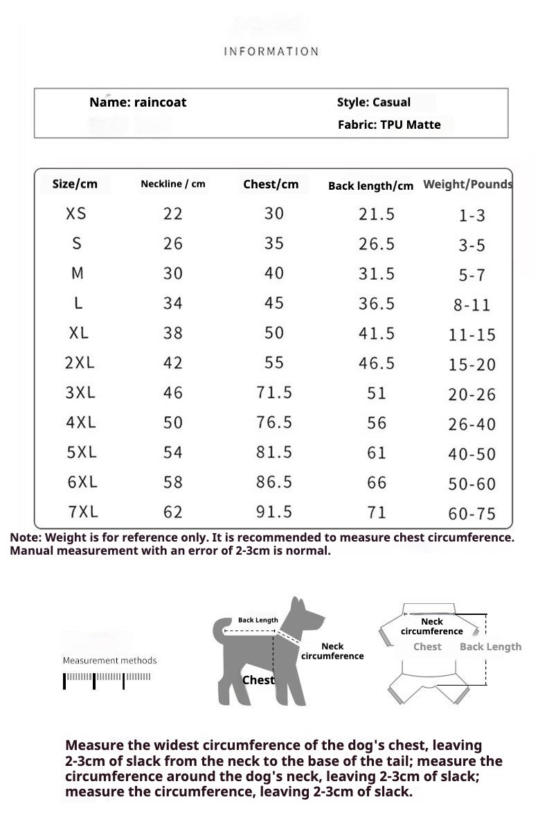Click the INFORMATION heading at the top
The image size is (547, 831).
click(271, 51)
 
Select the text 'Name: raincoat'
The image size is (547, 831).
click(138, 102)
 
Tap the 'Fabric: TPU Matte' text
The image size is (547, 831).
click(389, 125)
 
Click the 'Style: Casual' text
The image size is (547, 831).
click(373, 102)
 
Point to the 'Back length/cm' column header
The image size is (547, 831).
click(370, 186)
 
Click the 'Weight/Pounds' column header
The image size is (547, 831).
click(468, 184)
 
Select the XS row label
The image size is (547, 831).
click(76, 213)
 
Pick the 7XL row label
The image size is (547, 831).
click(83, 512)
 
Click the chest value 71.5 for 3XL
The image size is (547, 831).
click(274, 393)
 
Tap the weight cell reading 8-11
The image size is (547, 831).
click(472, 305)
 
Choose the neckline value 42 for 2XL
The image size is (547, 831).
click(173, 363)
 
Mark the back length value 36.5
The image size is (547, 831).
click(377, 303)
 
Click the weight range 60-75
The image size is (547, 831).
click(472, 513)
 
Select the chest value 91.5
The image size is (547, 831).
click(274, 512)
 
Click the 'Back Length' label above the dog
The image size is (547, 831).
click(258, 620)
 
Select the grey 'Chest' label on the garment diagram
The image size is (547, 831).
click(427, 647)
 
